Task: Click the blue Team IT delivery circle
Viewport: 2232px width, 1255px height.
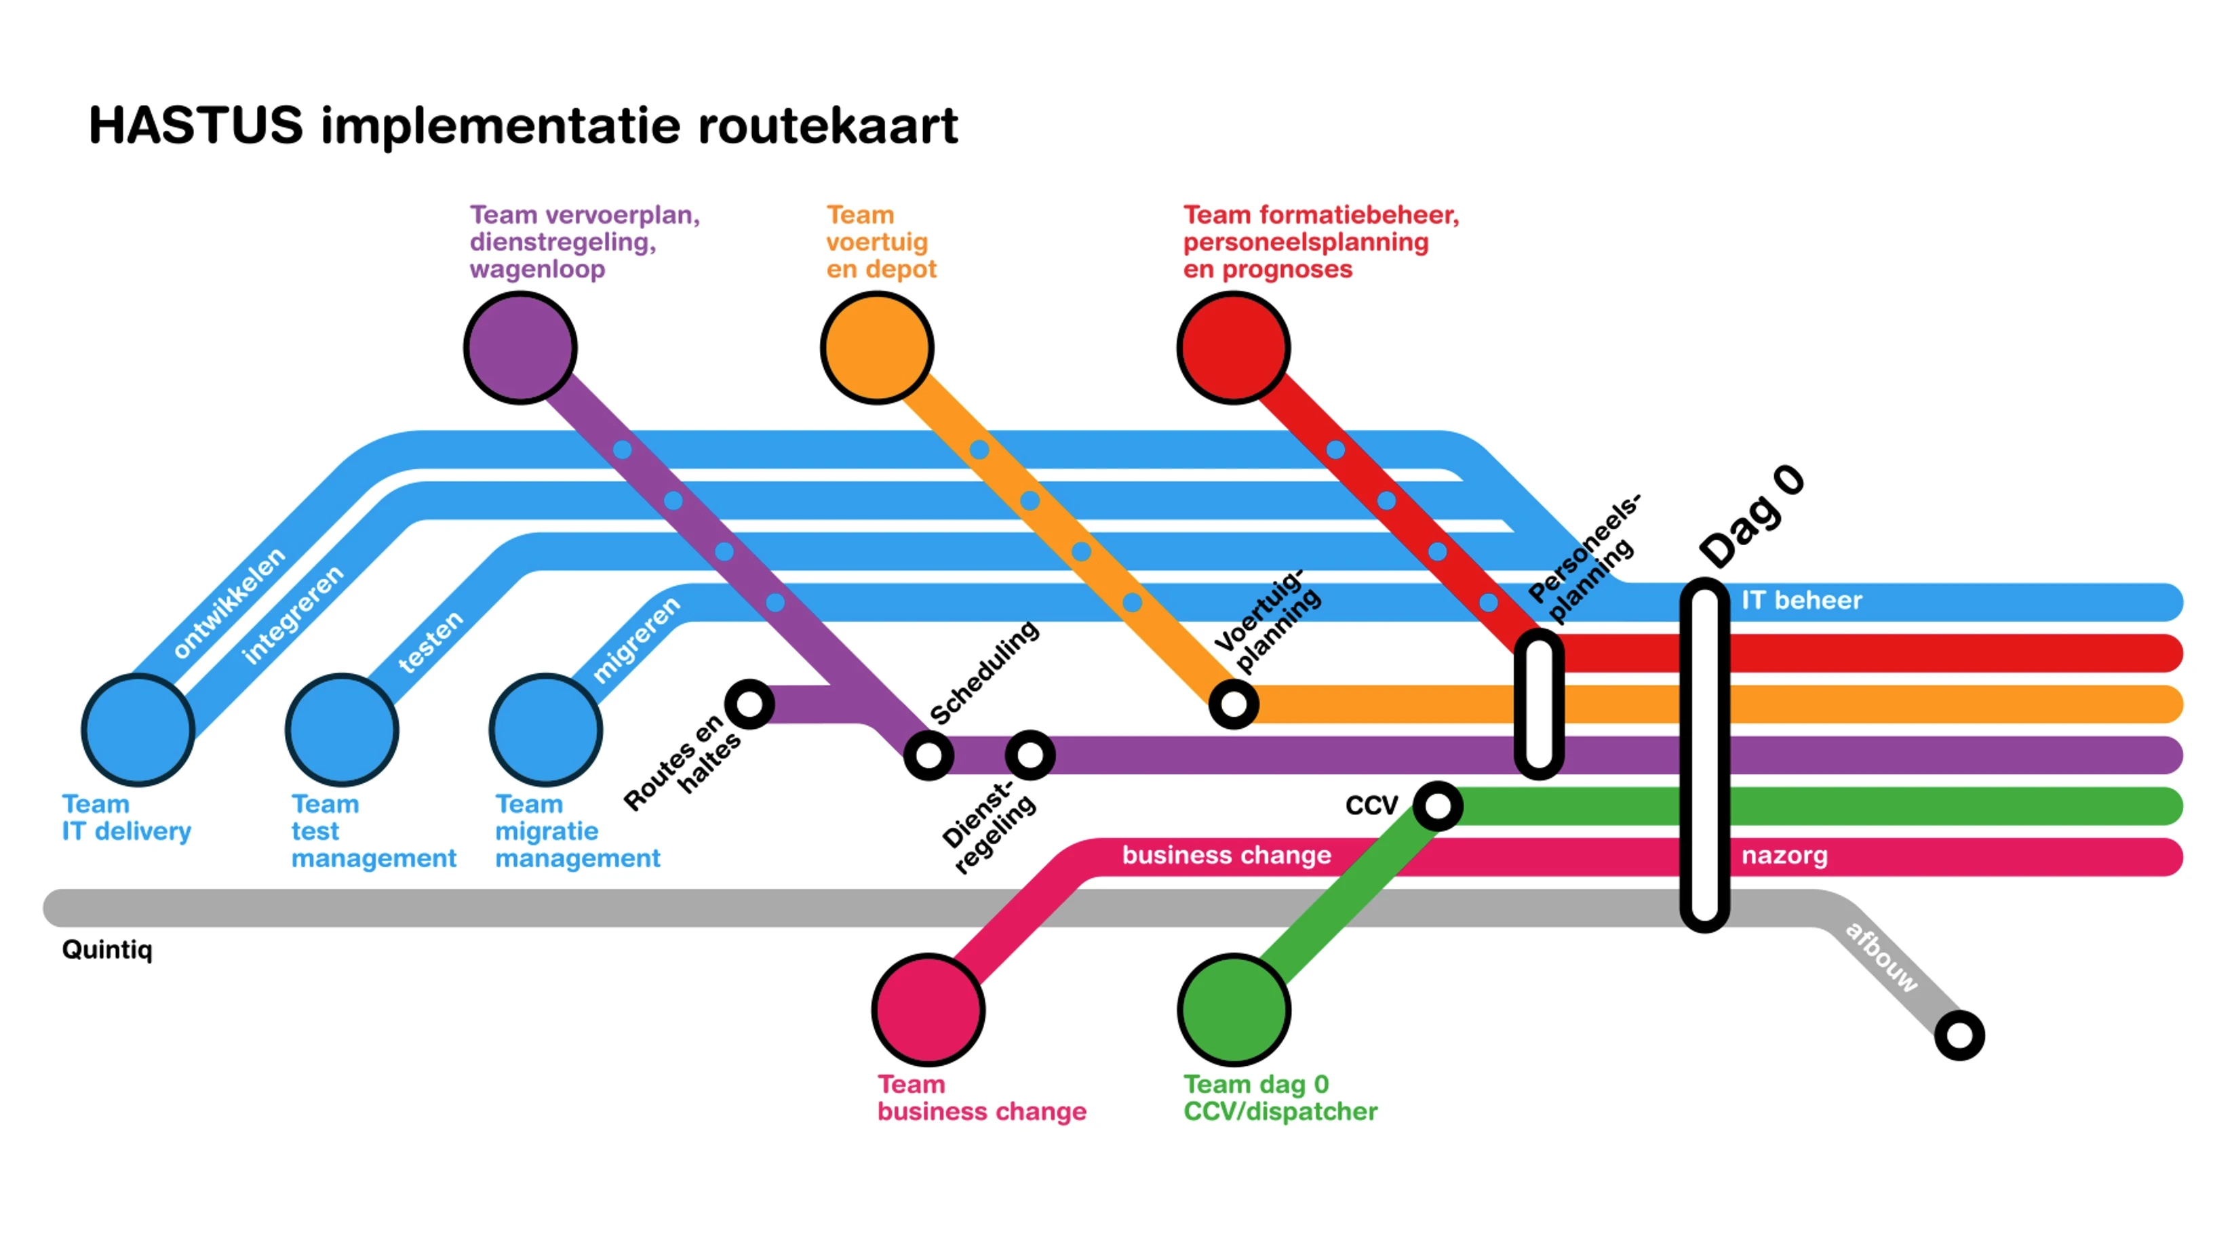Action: [138, 730]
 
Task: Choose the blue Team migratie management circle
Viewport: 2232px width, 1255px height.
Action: [546, 730]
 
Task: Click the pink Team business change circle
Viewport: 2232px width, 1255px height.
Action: [928, 1010]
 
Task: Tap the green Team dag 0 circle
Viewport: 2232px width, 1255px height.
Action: [1234, 1010]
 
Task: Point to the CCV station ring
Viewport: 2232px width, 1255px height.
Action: [1437, 805]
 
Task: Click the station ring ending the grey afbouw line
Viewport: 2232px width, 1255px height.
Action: [1959, 1035]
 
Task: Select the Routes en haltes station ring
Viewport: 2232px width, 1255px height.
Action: [749, 704]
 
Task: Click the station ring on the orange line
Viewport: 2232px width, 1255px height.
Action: [1234, 704]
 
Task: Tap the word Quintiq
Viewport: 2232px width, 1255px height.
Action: [106, 950]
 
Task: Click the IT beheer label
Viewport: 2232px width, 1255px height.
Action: [1801, 600]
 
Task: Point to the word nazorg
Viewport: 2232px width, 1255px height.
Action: [1784, 856]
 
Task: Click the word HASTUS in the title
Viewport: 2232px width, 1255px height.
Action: [196, 125]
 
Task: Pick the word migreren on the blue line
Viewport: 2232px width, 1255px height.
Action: [636, 639]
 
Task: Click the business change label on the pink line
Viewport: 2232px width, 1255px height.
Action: [1226, 856]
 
